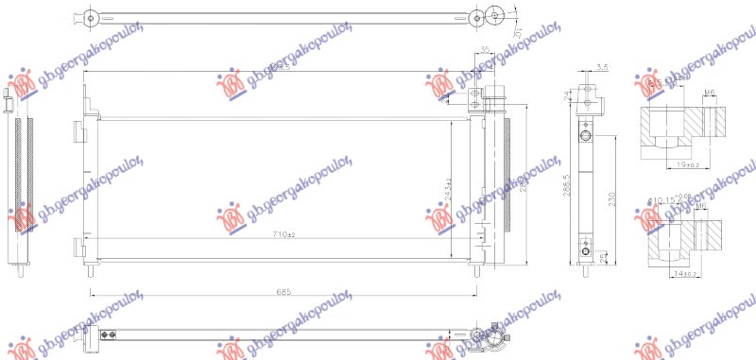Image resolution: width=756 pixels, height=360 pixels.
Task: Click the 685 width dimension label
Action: pyautogui.click(x=282, y=292)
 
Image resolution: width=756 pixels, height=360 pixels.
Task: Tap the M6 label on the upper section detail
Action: pyautogui.click(x=709, y=93)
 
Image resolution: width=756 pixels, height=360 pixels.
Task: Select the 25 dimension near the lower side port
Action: pyautogui.click(x=602, y=254)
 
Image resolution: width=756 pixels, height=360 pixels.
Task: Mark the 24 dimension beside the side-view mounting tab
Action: pyautogui.click(x=567, y=94)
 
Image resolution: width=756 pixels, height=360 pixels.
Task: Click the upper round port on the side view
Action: pyautogui.click(x=586, y=138)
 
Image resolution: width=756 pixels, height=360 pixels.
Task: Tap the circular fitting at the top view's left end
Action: pyautogui.click(x=89, y=17)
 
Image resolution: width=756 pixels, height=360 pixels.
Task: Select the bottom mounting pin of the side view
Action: pyautogui.click(x=586, y=270)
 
